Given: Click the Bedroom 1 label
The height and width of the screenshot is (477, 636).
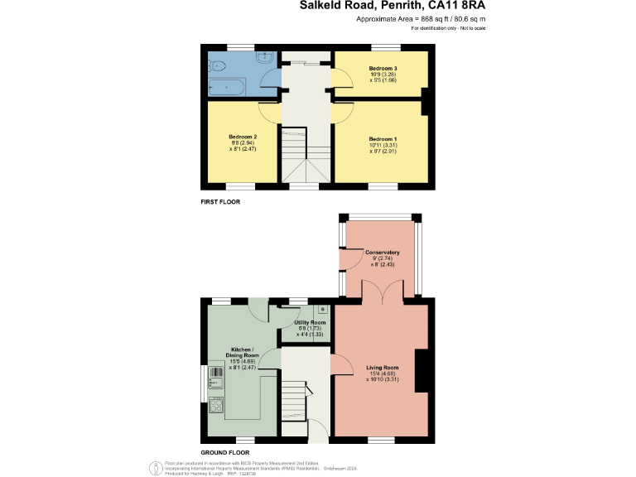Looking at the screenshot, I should [383, 138].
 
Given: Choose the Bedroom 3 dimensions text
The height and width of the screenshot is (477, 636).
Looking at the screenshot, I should [383, 75].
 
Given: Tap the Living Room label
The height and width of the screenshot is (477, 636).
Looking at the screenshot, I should [383, 367].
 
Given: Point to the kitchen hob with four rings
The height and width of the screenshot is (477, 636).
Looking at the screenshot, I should [214, 405].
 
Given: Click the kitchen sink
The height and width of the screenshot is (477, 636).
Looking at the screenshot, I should [215, 378].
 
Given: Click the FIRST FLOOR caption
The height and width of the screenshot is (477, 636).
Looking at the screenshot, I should [221, 202].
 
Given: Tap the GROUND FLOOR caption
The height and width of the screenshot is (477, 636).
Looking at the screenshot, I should [225, 453].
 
